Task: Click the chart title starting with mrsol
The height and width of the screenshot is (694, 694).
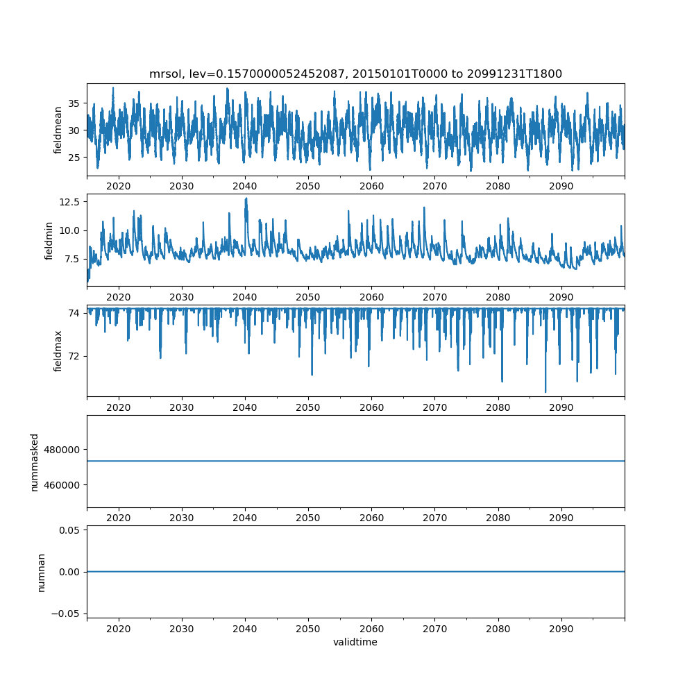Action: click(x=355, y=74)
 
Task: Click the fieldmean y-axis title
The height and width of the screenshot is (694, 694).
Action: click(x=58, y=130)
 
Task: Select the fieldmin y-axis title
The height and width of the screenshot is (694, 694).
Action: click(x=49, y=240)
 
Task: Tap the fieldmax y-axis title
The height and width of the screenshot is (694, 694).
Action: click(x=58, y=350)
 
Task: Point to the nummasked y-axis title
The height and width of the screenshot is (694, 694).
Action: click(x=34, y=462)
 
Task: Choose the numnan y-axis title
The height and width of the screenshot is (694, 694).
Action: click(x=41, y=572)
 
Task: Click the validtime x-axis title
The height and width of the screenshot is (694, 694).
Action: click(x=355, y=642)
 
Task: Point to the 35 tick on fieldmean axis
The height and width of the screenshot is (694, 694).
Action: click(x=74, y=103)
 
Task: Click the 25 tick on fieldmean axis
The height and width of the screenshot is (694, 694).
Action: click(x=74, y=158)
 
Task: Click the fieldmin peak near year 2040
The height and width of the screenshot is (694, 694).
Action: click(x=246, y=198)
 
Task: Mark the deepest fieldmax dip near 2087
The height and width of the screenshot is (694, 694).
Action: click(x=545, y=392)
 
